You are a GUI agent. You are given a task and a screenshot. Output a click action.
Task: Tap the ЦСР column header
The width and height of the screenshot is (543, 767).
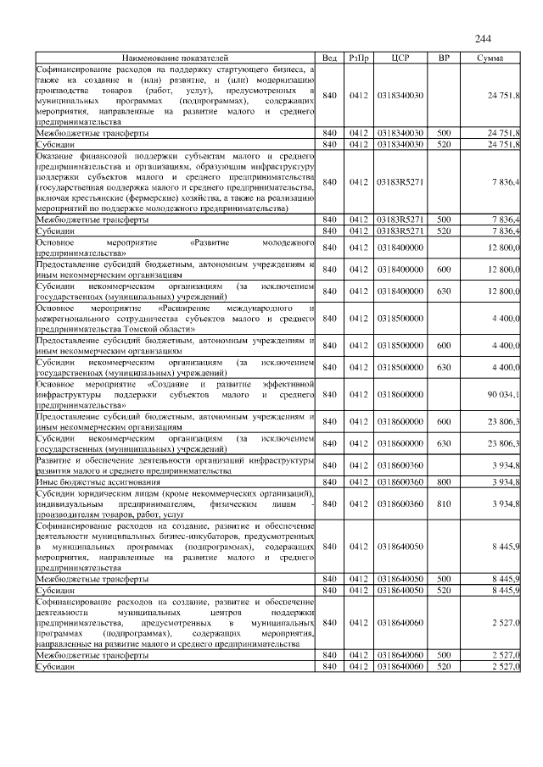[400, 57]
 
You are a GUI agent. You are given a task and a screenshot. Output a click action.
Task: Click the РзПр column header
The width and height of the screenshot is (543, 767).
[357, 57]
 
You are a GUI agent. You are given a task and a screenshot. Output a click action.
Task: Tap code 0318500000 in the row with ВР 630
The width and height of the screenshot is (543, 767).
[400, 367]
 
